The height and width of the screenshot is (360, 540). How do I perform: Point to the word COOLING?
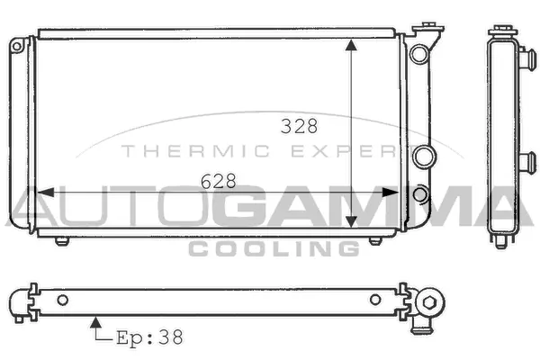(274, 247)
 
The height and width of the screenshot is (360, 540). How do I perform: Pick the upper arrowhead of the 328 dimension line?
(352, 46)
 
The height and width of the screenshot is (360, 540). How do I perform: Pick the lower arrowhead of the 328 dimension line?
(352, 222)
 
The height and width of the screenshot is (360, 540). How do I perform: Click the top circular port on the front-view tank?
(418, 54)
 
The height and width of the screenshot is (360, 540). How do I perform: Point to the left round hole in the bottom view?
(62, 300)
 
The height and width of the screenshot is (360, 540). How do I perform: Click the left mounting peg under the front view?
(60, 241)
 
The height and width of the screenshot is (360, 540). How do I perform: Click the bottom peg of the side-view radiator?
(499, 241)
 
